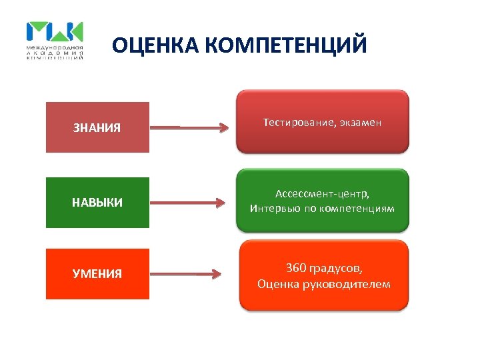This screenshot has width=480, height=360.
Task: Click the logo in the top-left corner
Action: pyautogui.click(x=55, y=41)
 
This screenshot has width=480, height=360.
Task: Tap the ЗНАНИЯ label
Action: pyautogui.click(x=97, y=127)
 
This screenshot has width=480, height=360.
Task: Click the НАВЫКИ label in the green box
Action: pyautogui.click(x=97, y=203)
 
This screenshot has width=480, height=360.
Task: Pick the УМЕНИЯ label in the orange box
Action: pyautogui.click(x=97, y=273)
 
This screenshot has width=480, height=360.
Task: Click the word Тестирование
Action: pyautogui.click(x=299, y=122)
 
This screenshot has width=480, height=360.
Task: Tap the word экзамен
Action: pyautogui.click(x=360, y=122)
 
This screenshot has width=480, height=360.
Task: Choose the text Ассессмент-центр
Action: pyautogui.click(x=322, y=194)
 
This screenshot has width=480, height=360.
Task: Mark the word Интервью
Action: pyautogui.click(x=273, y=209)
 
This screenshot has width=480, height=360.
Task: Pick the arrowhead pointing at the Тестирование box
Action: pyautogui.click(x=225, y=128)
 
